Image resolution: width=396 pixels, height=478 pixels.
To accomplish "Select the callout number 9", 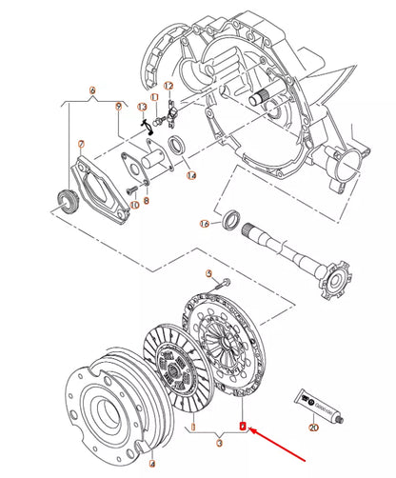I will point(118,108).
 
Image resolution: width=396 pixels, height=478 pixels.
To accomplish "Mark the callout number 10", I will point(133,204).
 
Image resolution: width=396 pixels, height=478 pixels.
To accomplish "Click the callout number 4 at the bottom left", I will point(150,465).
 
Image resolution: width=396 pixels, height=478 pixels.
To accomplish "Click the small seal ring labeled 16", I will point(230,220).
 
